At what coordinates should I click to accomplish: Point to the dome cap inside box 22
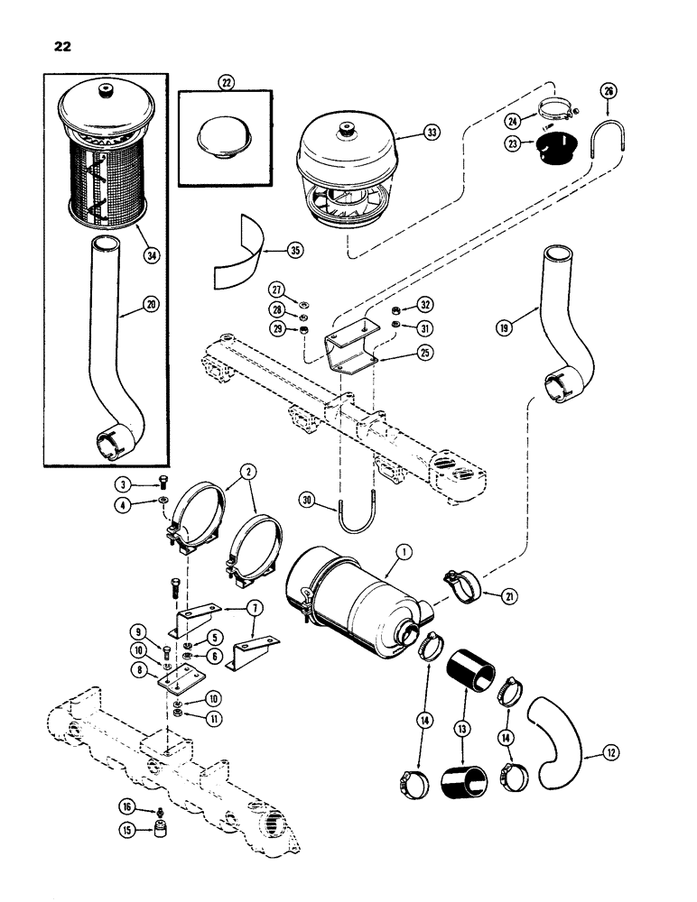pyautogui.click(x=223, y=135)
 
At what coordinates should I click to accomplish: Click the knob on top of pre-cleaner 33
pyautogui.click(x=347, y=132)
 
